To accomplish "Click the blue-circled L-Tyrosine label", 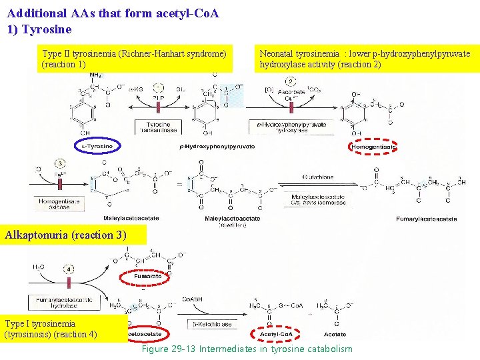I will pos(97,146).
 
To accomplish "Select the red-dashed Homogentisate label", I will pos(374,146).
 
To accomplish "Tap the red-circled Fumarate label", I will pos(147,275).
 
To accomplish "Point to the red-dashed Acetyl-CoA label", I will pos(275,334).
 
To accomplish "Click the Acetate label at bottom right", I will pos(335,334).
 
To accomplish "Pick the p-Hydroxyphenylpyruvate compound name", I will pos(217,147).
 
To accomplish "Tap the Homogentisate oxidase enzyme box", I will pos(59,203).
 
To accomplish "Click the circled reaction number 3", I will pos(59,164).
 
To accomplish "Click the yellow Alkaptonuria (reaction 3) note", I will pos(65,235).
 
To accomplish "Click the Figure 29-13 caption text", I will pos(247,349).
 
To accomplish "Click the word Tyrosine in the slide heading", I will pos(47,29).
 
